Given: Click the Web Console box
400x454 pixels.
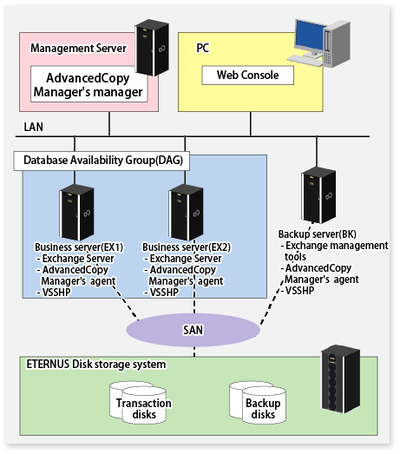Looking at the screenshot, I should [x=248, y=76].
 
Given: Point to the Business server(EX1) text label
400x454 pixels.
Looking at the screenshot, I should [x=78, y=247].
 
